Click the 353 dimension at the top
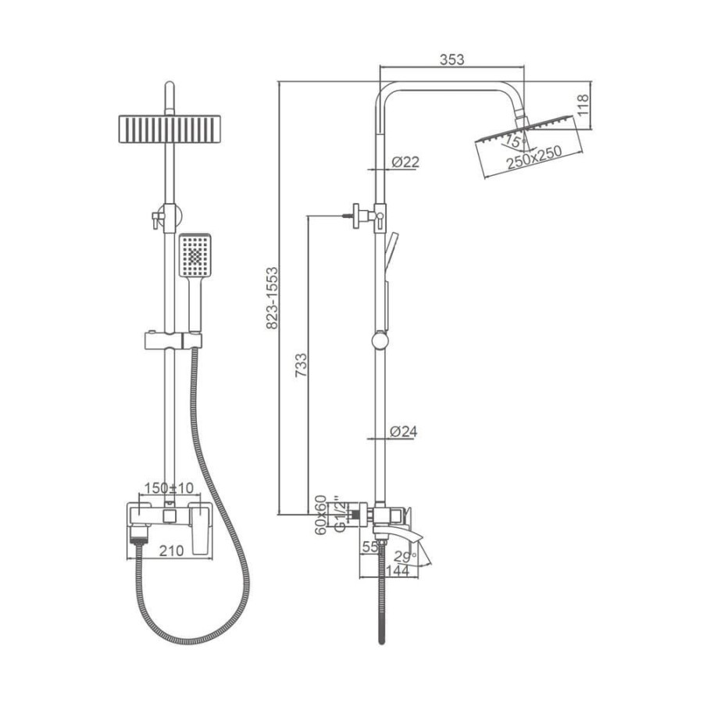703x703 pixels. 451,59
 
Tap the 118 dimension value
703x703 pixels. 582,105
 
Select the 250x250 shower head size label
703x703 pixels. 534,157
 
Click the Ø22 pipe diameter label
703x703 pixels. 405,162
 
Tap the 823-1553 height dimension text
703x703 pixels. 272,298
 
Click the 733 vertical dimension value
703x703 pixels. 302,365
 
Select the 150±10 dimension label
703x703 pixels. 169,487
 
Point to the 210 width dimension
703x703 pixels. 171,551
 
